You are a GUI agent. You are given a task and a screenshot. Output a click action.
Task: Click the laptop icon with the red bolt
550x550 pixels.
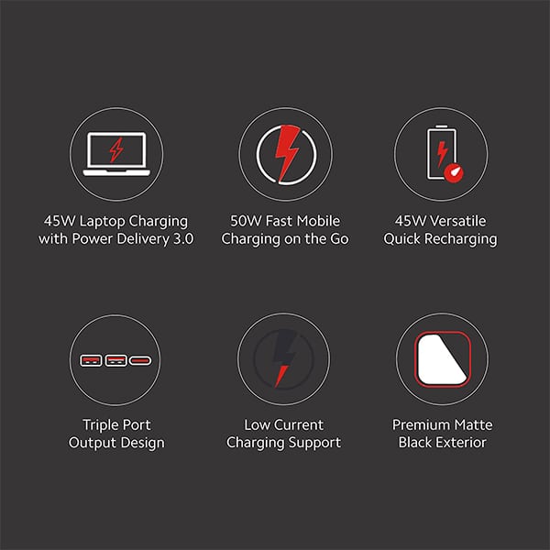pos(116,154)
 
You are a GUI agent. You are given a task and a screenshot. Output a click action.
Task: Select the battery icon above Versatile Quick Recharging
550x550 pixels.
pos(442,152)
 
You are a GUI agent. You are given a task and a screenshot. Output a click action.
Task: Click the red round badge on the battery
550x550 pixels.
pos(454,173)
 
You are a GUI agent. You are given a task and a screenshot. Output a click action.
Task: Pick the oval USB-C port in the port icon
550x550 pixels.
pos(140,360)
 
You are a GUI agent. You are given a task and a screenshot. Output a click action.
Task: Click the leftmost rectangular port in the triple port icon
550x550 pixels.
pos(91,360)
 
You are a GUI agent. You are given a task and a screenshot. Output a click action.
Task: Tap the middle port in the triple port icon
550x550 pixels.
pos(116,360)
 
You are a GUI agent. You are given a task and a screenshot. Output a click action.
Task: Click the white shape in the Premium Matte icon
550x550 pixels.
pos(443,359)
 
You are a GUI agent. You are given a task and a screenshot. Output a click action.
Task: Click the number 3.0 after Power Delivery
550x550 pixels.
pos(183,239)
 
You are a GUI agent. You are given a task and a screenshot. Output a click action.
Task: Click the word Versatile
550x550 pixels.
pos(458,221)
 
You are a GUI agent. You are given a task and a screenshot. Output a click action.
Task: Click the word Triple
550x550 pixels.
pos(100,425)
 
